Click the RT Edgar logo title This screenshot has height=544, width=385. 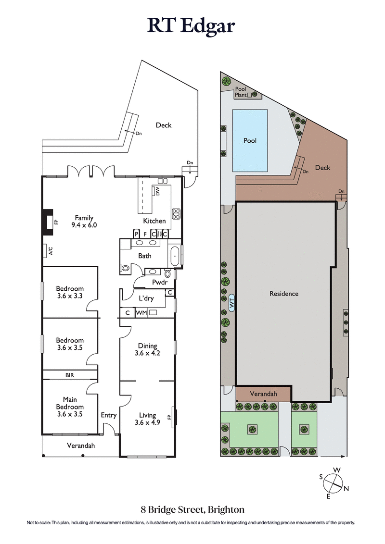192,26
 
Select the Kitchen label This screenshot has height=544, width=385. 154,221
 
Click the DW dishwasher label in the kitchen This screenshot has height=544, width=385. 157,191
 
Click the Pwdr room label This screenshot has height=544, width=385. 159,282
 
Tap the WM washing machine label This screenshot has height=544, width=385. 141,313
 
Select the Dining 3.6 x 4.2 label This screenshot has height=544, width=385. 148,349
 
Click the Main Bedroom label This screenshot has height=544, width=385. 69,407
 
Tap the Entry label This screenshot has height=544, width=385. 108,415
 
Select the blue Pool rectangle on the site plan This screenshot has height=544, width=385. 250,140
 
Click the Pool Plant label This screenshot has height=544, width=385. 240,92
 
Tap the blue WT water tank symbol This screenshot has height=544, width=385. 231,303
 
